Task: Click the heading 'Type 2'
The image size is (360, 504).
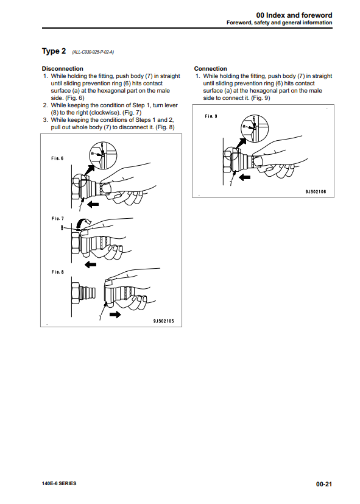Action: tap(54, 51)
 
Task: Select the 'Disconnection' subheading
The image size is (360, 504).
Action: tap(62, 68)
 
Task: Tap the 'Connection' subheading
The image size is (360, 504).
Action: tap(210, 68)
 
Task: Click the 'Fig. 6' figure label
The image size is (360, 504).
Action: tap(57, 158)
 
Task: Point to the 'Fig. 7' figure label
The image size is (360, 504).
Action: tap(57, 219)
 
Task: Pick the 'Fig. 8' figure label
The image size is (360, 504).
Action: tap(57, 272)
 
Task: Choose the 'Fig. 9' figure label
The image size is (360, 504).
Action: tap(211, 116)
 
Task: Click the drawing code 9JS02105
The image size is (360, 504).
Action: tap(163, 321)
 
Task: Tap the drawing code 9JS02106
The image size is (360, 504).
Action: tap(316, 191)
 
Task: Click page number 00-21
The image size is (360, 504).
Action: tap(323, 484)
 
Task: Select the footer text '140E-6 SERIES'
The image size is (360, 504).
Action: tap(59, 483)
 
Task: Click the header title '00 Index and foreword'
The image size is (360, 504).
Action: tap(294, 15)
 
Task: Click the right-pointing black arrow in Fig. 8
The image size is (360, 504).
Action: tap(115, 314)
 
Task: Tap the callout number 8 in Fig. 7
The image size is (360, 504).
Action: tap(62, 228)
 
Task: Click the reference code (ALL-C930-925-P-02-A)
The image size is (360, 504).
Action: tap(93, 52)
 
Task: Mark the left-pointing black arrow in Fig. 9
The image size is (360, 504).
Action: tap(245, 177)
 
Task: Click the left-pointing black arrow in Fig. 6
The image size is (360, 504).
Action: tap(93, 204)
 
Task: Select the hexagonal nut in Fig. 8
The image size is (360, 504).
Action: tap(76, 293)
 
